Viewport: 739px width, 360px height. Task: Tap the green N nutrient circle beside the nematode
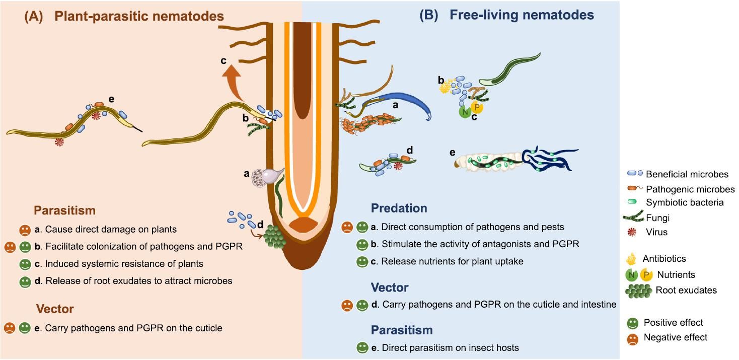click(465, 112)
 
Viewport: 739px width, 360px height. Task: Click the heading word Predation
click(399, 208)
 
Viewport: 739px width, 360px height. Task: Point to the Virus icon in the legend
click(631, 232)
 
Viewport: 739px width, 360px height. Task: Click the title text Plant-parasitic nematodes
click(139, 16)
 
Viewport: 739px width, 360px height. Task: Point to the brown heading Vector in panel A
click(55, 309)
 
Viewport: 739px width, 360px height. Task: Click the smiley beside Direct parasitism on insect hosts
click(361, 347)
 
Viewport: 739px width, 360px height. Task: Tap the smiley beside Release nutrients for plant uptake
click(361, 261)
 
